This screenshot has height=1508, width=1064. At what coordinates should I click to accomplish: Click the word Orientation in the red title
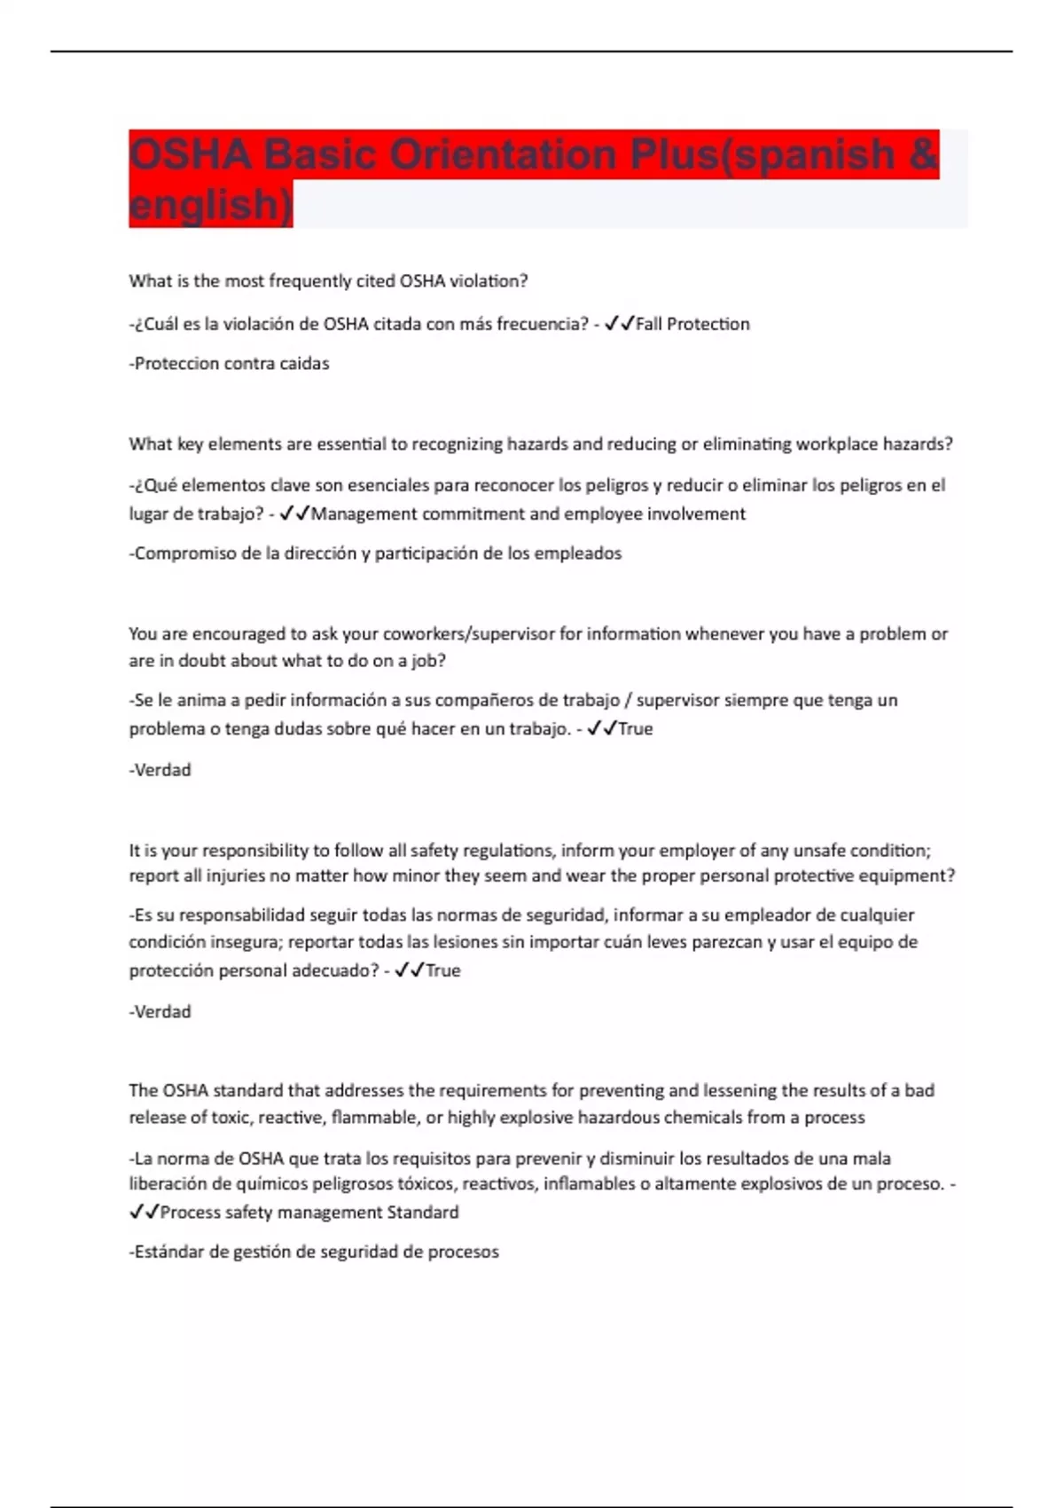(502, 155)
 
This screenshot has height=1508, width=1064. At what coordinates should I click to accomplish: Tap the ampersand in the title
(923, 155)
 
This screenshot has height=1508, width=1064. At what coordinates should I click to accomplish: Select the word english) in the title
(210, 205)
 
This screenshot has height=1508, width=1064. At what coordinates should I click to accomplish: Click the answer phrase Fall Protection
(692, 325)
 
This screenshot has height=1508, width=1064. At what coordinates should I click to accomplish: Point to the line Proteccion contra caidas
(230, 364)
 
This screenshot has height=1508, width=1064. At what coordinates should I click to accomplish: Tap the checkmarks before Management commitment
(293, 514)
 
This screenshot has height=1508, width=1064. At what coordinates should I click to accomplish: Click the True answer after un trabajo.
(635, 729)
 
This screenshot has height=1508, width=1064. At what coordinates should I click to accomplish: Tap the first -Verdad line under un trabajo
(160, 770)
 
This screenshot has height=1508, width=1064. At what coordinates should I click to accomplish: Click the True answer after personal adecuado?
(442, 971)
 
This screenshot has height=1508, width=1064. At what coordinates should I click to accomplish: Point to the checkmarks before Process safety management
(144, 1213)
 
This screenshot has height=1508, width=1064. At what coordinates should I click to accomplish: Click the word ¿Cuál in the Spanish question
(153, 325)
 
